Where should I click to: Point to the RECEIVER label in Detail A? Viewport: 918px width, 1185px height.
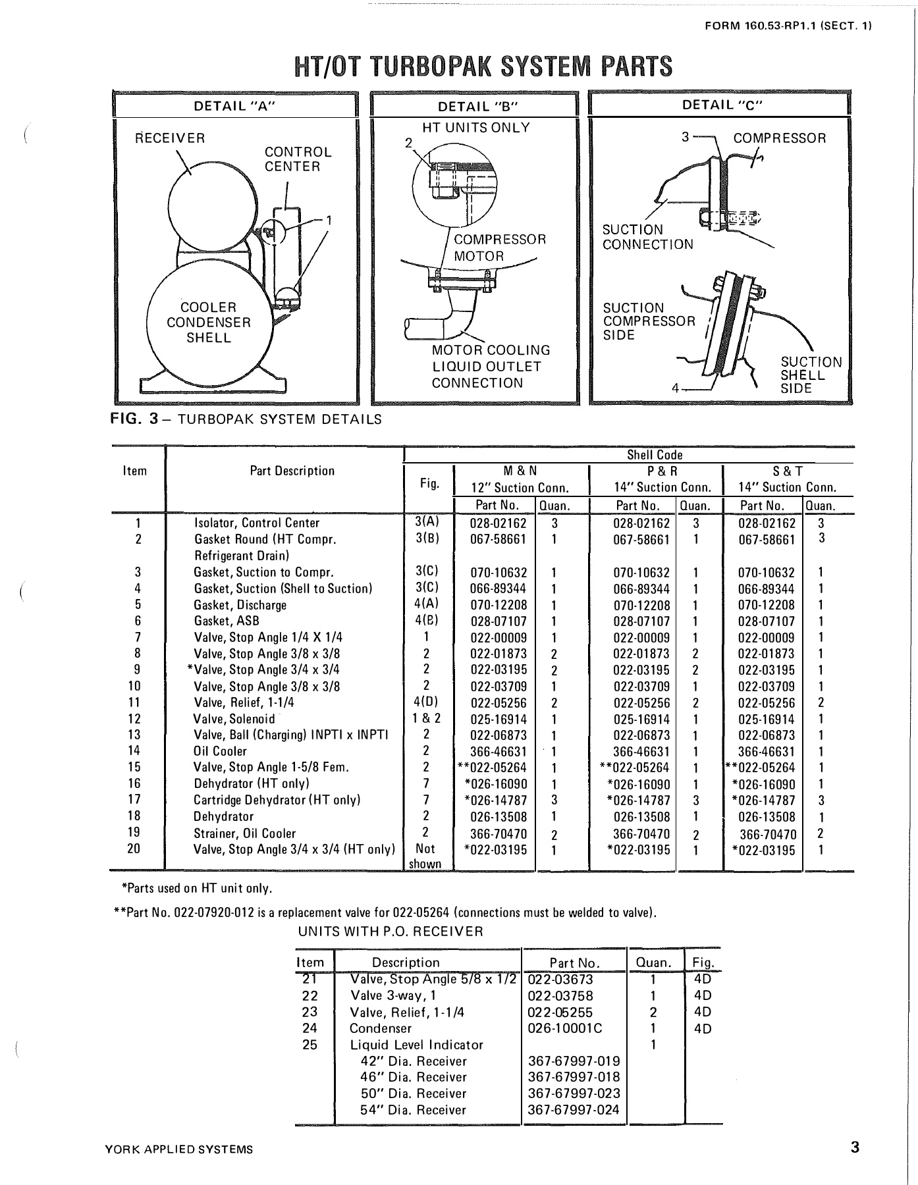click(x=170, y=138)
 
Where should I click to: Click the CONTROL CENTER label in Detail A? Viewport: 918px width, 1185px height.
click(x=298, y=159)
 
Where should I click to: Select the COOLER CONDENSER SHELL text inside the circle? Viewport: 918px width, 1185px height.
click(x=208, y=323)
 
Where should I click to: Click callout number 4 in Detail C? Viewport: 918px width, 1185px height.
click(x=675, y=388)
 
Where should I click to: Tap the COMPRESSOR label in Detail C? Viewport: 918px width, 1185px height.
click(x=779, y=138)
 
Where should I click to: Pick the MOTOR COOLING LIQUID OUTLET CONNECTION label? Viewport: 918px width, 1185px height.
click(x=491, y=367)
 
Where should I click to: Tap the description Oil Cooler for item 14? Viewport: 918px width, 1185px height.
click(x=220, y=751)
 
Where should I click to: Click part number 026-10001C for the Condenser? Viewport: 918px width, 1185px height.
click(x=564, y=1028)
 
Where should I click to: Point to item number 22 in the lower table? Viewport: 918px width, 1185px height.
click(x=310, y=995)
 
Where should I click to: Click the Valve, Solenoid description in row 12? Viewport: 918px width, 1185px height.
click(x=234, y=719)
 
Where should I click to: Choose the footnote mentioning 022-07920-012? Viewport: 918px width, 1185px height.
click(x=385, y=912)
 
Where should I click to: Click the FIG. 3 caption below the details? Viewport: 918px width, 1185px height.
click(x=246, y=419)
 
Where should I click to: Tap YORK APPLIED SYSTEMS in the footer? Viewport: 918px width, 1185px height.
click(x=178, y=1149)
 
